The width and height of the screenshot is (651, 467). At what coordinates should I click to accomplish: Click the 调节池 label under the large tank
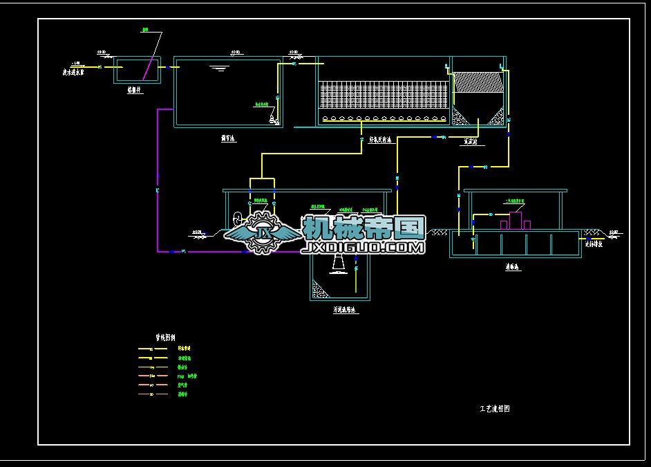click(228, 138)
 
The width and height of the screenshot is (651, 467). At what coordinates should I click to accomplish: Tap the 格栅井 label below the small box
click(135, 90)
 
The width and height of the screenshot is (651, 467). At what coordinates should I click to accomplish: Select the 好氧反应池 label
click(380, 140)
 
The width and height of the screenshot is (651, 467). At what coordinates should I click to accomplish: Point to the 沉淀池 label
click(473, 141)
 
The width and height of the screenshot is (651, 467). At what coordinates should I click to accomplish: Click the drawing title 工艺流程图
click(494, 409)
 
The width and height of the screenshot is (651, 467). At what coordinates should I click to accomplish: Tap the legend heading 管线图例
click(167, 338)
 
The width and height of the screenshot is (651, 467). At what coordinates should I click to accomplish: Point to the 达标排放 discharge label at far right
click(594, 244)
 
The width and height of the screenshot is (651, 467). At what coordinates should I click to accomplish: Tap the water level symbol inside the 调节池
click(219, 68)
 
